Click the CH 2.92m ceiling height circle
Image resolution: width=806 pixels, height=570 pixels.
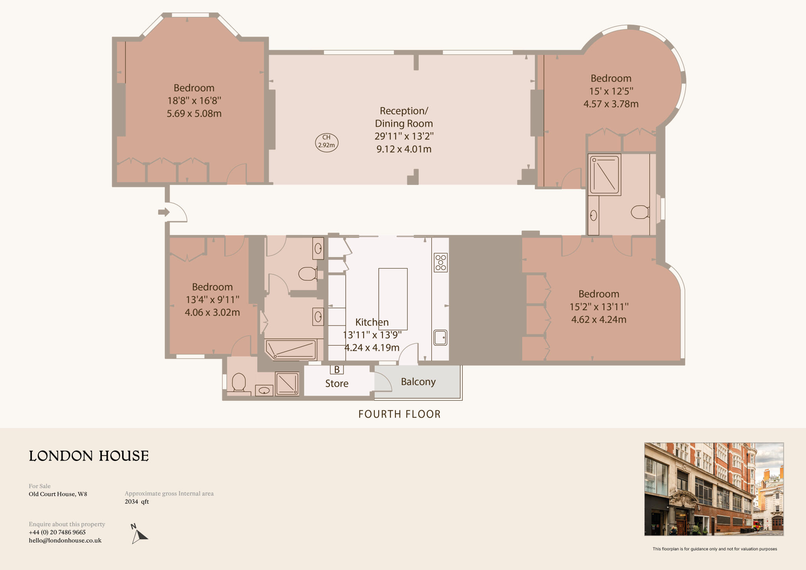point(327,142)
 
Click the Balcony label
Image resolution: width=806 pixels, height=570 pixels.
point(418,382)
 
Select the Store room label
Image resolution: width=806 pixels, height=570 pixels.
point(336,383)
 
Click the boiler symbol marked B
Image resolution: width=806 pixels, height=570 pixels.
point(337,370)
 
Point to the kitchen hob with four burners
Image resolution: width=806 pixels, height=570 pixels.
point(441,263)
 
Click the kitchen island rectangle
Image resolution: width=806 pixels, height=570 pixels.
point(393,299)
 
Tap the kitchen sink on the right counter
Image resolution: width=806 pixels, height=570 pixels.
point(440,337)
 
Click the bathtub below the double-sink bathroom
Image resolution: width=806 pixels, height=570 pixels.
point(291,350)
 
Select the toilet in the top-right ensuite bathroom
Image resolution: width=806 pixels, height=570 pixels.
point(640,212)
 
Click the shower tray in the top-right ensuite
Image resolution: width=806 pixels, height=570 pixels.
point(604,175)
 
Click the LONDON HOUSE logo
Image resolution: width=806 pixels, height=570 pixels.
point(89,456)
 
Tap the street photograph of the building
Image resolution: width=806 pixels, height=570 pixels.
point(714,489)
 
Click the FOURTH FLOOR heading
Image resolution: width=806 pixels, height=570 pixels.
point(399,414)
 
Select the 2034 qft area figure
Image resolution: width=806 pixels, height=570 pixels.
point(137,502)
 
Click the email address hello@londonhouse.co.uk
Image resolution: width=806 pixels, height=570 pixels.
point(65,540)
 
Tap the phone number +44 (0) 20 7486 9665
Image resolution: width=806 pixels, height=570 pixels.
point(57,532)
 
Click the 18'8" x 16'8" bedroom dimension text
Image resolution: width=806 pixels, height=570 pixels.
point(194,101)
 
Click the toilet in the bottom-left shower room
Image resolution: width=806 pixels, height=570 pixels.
point(239,382)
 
